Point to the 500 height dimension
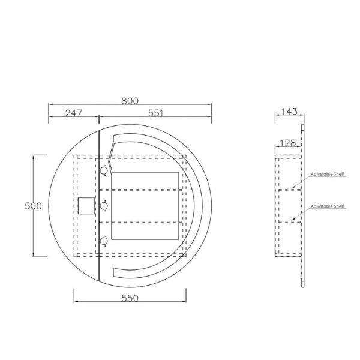32,206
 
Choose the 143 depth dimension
289,112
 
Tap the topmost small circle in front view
104,171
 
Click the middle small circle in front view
104,206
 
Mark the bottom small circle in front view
104,241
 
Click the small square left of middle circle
87,206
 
